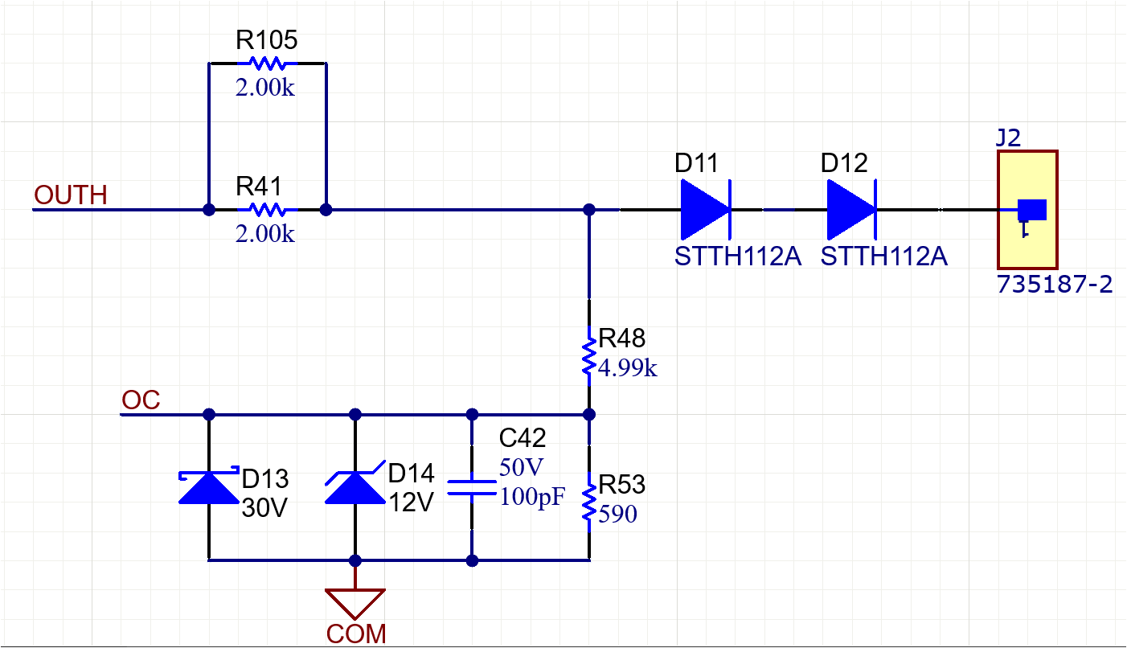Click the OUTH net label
click(x=71, y=195)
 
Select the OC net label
click(x=141, y=400)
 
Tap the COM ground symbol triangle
click(x=354, y=602)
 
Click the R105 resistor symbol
click(x=267, y=63)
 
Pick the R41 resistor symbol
click(x=267, y=210)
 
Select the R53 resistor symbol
click(x=589, y=502)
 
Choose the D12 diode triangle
click(x=850, y=210)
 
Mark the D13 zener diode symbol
click(x=209, y=486)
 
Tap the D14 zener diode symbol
click(x=354, y=486)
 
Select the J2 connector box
click(x=1027, y=209)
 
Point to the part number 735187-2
click(x=1055, y=285)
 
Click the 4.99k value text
click(x=628, y=369)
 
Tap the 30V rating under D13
click(x=264, y=509)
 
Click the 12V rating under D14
click(x=411, y=503)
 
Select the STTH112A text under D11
click(x=738, y=257)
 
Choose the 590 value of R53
click(x=617, y=514)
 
